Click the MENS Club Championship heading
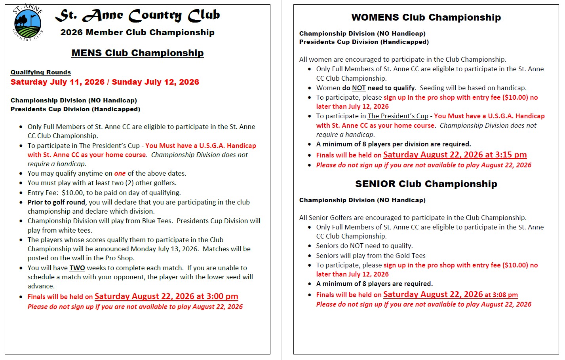(x=137, y=53)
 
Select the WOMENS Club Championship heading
(x=426, y=17)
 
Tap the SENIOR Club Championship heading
(x=426, y=184)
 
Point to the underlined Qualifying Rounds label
(x=41, y=72)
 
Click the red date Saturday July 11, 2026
(x=57, y=82)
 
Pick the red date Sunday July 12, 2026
(x=155, y=82)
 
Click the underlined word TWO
(x=77, y=268)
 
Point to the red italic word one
(x=120, y=173)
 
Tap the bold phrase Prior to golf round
(x=56, y=202)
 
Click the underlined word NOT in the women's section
(x=359, y=88)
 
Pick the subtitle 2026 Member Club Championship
(x=137, y=32)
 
